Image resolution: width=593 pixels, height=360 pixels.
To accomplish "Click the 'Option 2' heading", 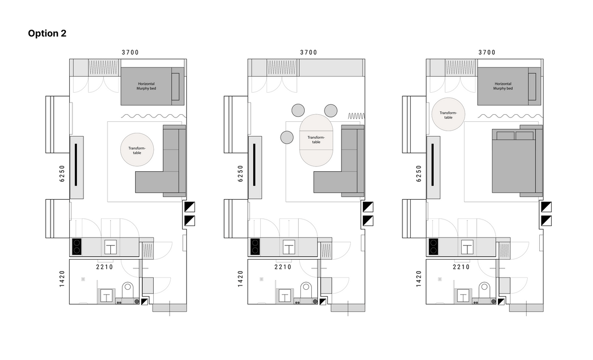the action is [47, 33].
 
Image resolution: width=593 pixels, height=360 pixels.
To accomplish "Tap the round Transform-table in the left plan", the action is [137, 149].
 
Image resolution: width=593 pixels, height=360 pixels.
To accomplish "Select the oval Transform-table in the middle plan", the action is [316, 140].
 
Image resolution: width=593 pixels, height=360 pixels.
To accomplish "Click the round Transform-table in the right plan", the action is [448, 114].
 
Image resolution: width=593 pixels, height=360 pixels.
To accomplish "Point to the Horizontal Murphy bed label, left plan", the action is [147, 86].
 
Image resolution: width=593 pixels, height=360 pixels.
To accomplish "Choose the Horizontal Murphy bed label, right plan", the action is [503, 86].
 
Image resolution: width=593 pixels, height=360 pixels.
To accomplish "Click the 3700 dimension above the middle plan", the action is [309, 53].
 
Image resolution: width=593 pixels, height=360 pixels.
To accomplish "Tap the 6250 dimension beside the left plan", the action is [62, 173].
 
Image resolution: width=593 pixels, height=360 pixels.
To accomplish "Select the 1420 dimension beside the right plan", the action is [418, 279].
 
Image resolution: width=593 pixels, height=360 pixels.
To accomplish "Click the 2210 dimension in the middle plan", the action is [283, 267].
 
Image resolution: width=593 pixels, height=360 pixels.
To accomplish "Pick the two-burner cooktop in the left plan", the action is [77, 246].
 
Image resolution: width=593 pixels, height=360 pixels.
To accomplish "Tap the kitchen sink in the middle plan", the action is [289, 248].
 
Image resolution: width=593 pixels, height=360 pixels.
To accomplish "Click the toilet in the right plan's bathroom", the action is [484, 291].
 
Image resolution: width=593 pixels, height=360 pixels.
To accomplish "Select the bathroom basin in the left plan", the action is [107, 296].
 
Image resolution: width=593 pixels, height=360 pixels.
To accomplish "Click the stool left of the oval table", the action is [287, 137].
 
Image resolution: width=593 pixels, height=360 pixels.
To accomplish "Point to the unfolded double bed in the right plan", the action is [513, 161].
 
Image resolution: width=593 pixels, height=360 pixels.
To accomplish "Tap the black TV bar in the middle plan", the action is [254, 165].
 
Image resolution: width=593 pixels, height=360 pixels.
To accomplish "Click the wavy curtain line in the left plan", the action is [154, 116].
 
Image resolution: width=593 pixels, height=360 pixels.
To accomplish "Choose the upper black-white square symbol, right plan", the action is [546, 207].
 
